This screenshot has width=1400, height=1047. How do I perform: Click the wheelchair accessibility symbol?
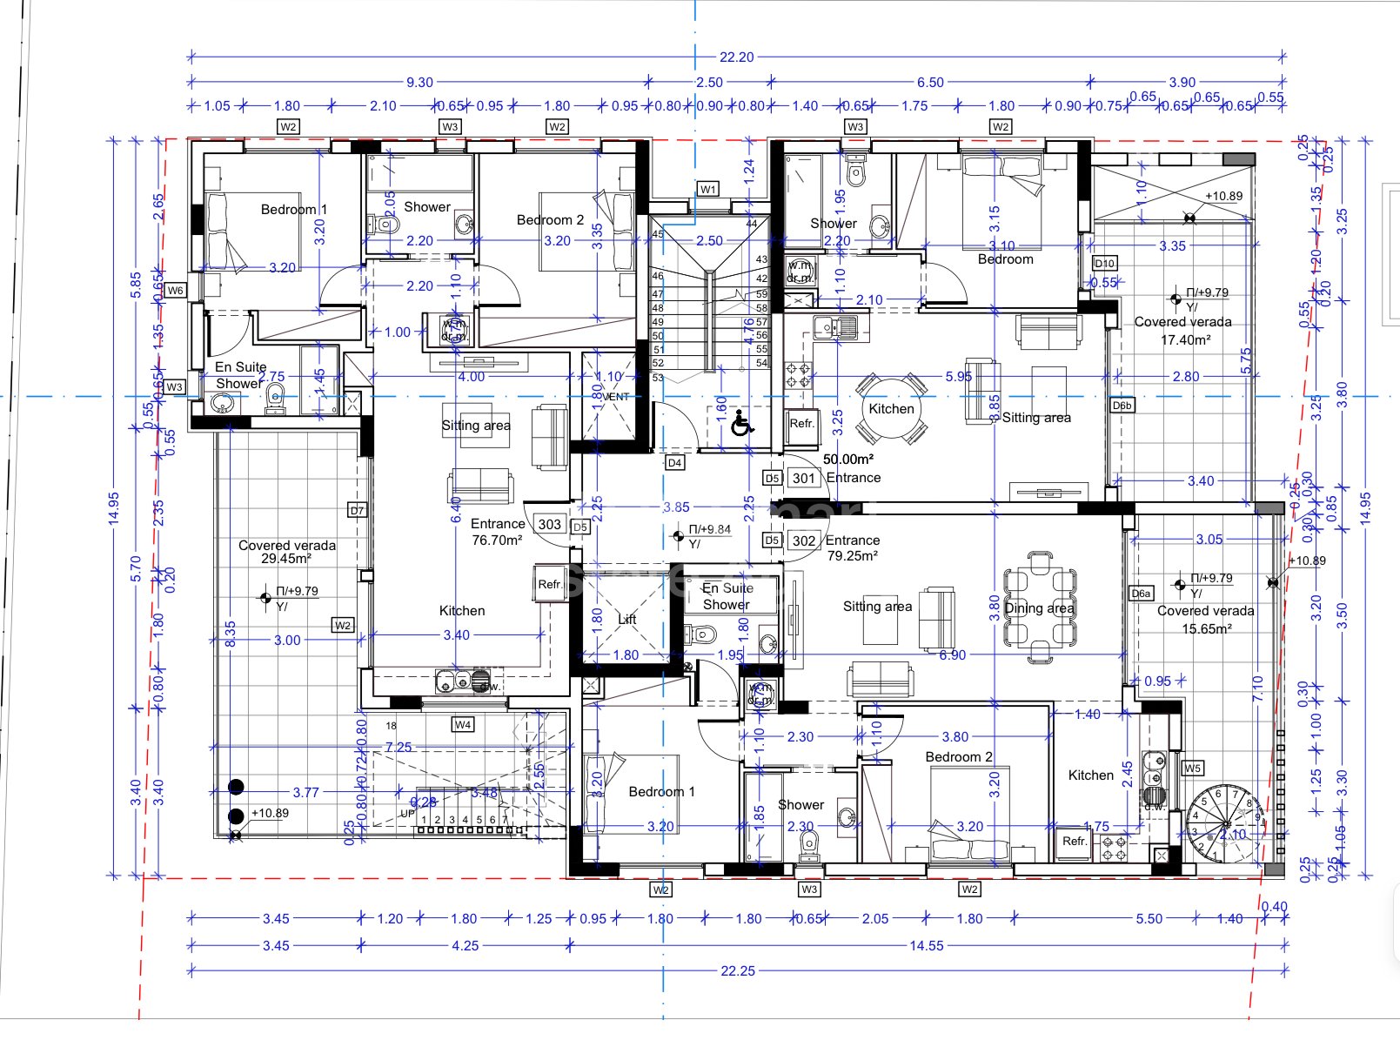(x=741, y=424)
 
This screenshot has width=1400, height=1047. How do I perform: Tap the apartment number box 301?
(x=804, y=478)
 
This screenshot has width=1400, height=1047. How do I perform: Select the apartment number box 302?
(x=804, y=540)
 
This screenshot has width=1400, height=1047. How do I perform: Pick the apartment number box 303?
(x=549, y=524)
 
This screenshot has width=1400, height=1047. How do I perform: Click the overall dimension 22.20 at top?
(x=736, y=57)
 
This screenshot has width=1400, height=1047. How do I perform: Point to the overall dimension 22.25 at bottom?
(x=738, y=970)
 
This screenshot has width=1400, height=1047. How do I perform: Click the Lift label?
(x=627, y=619)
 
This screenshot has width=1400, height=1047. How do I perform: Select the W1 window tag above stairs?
(x=708, y=189)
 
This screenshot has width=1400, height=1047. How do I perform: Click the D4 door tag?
(x=674, y=463)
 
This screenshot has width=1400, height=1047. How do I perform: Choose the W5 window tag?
(x=1192, y=768)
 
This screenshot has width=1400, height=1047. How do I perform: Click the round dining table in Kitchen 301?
(x=891, y=408)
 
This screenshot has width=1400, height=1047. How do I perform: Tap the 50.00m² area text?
(x=848, y=459)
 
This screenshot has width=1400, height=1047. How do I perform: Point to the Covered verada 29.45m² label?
(x=287, y=552)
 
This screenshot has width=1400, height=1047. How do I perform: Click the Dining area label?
(x=1039, y=607)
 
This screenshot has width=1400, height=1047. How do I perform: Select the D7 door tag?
(x=357, y=510)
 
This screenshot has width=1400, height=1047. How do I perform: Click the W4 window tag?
(x=463, y=724)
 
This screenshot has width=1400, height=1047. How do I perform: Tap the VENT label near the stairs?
(x=615, y=396)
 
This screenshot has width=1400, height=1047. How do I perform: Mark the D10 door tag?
(x=1104, y=263)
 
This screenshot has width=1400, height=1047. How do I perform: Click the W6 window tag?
(x=176, y=291)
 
